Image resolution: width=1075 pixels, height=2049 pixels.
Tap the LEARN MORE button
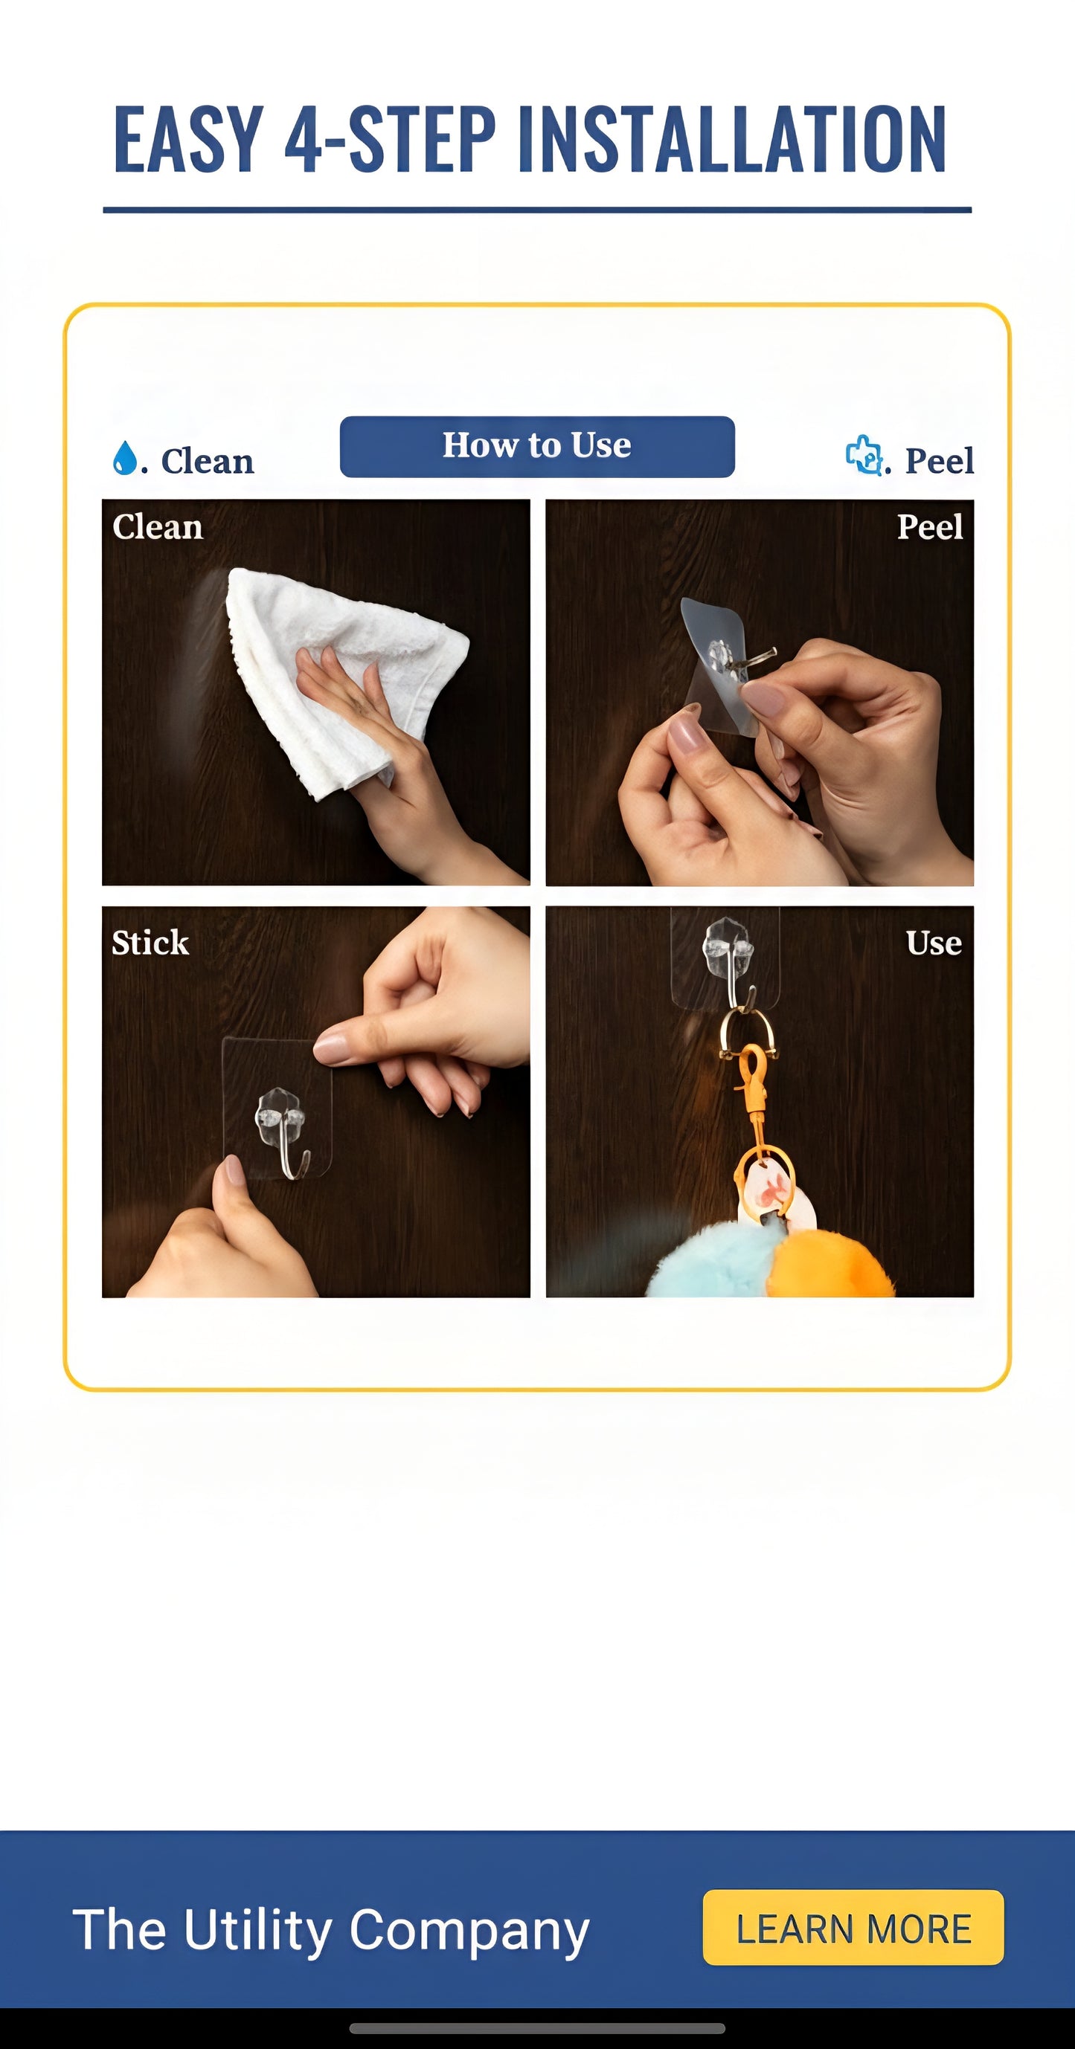pyautogui.click(x=853, y=1928)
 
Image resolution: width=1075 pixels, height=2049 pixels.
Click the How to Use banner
pyautogui.click(x=536, y=446)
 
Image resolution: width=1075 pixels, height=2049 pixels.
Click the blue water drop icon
pyautogui.click(x=124, y=458)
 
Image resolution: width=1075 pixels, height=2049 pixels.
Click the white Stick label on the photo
pyautogui.click(x=150, y=943)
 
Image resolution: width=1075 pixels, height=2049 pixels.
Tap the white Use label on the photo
pyautogui.click(x=934, y=943)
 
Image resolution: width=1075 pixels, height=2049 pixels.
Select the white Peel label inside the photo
pyautogui.click(x=929, y=526)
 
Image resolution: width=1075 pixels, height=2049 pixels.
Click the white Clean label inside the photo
pyautogui.click(x=158, y=526)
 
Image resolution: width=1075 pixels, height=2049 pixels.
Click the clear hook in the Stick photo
pyautogui.click(x=280, y=1129)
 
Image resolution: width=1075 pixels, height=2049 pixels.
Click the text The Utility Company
pyautogui.click(x=331, y=1930)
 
